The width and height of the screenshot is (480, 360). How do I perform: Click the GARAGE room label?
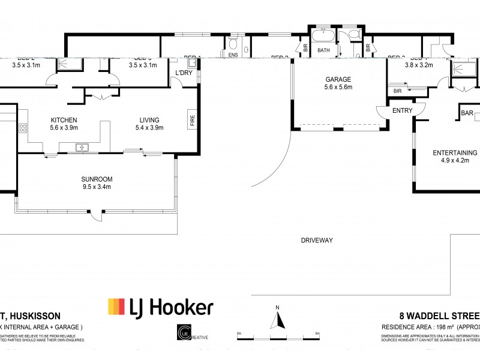point(338,79)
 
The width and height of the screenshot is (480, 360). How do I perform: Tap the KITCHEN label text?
point(62,119)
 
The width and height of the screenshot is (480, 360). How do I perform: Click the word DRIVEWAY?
point(317,241)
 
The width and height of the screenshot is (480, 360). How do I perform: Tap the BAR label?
point(467,113)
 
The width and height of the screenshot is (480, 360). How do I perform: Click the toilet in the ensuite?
point(233,44)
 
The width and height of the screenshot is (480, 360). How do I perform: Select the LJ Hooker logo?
point(160,308)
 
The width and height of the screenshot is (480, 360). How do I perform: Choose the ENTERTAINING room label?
point(455,153)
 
